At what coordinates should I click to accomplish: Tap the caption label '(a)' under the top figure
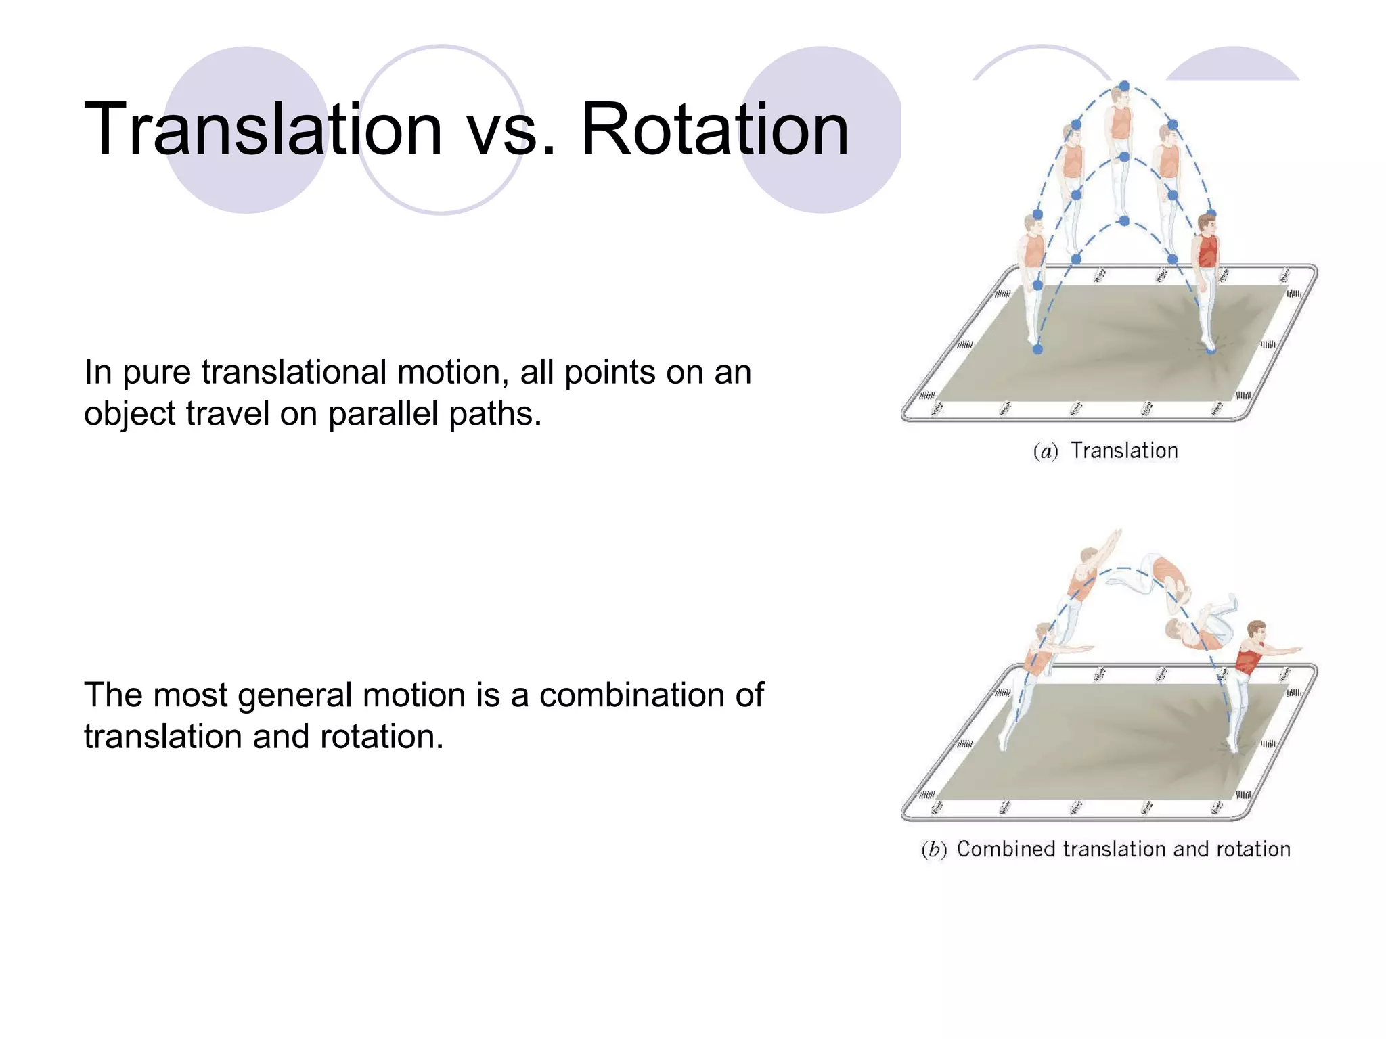point(1046,451)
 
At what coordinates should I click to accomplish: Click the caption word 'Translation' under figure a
point(1124,451)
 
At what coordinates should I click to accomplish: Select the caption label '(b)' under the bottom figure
point(934,850)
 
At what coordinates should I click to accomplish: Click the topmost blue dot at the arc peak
point(1124,86)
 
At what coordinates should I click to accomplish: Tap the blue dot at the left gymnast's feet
point(1037,349)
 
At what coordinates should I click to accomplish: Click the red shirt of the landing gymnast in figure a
point(1207,251)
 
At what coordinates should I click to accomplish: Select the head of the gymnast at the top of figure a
point(1121,95)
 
